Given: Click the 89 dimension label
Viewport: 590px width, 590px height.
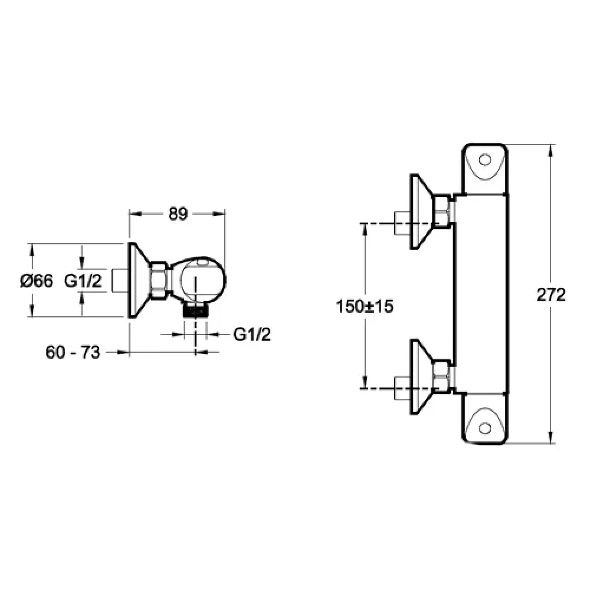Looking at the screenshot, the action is click(178, 214).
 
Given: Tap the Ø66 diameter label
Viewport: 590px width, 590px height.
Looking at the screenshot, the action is click(37, 281).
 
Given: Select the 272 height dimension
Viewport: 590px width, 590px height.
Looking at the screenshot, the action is click(551, 294).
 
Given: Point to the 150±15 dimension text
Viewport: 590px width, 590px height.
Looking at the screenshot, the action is click(364, 306).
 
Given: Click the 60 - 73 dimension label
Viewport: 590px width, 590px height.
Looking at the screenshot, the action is click(73, 352).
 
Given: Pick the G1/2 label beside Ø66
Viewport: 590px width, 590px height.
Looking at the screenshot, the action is click(83, 281).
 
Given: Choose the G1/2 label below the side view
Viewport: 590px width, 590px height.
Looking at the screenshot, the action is click(252, 334).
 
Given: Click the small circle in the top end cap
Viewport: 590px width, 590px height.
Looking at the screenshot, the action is click(485, 160).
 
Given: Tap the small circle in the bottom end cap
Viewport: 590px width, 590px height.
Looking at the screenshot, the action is click(485, 428).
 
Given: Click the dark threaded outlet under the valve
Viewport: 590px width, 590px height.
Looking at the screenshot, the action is click(195, 310).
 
